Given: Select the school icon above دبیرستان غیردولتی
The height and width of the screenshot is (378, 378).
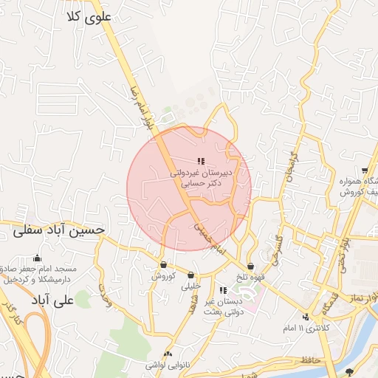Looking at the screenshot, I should [200, 161].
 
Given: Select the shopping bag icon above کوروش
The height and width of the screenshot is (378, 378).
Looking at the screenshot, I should [163, 266].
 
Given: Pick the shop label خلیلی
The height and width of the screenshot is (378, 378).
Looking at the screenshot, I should [191, 285].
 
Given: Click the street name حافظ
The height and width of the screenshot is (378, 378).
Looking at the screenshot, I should [312, 360].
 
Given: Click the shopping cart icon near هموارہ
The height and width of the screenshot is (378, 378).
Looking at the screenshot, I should [365, 171].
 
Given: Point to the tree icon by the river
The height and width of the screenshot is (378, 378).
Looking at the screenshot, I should [349, 371].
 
